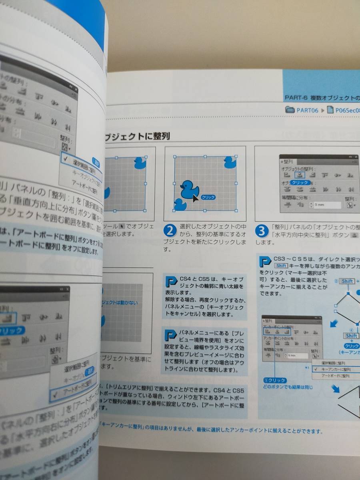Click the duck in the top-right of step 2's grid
(230, 162)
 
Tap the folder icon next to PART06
(290, 110)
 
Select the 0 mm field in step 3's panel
(327, 205)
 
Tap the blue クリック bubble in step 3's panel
(300, 182)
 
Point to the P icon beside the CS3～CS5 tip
(264, 262)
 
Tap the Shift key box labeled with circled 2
(347, 281)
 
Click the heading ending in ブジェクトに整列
(136, 137)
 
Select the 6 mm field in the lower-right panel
(296, 355)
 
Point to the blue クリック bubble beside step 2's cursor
(208, 197)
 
